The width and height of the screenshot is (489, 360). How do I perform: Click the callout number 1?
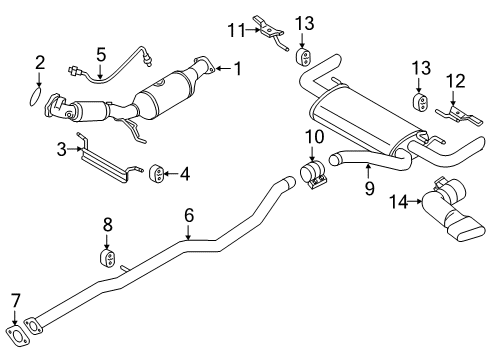click(237, 68)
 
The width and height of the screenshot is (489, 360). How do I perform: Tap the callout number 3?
click(61, 151)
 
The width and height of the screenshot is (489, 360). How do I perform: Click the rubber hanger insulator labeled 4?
click(157, 177)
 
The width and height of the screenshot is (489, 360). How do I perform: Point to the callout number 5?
click(100, 54)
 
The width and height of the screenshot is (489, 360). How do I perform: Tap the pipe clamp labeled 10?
click(315, 177)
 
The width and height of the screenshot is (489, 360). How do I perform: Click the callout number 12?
click(454, 79)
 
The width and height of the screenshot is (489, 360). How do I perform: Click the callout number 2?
click(39, 63)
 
